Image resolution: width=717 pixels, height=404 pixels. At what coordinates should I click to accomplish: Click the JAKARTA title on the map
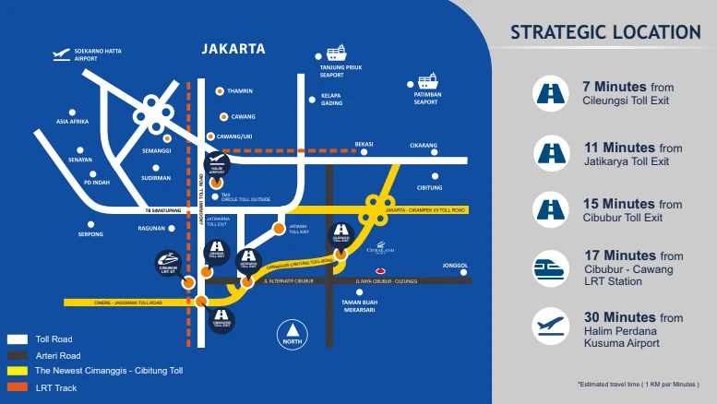[x=233, y=49]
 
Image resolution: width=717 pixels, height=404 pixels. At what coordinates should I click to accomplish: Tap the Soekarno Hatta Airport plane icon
[x=62, y=54]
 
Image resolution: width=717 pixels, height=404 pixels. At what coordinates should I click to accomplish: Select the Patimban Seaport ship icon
[x=426, y=81]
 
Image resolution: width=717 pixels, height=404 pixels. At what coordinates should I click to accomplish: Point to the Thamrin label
[x=240, y=91]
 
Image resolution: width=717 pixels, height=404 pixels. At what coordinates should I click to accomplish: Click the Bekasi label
[x=364, y=145]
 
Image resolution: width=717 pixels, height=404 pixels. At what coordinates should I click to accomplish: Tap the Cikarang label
[x=424, y=145]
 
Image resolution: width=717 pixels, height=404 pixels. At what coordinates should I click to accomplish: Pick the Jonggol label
[x=455, y=266]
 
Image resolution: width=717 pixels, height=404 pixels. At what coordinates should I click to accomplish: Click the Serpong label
[x=90, y=234]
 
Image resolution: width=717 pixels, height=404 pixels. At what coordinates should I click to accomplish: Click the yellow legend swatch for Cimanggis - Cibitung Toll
[x=18, y=371]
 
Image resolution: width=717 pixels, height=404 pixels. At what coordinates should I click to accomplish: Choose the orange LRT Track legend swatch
[x=18, y=387]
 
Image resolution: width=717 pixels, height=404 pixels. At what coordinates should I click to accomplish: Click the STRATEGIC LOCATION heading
[x=605, y=33]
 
